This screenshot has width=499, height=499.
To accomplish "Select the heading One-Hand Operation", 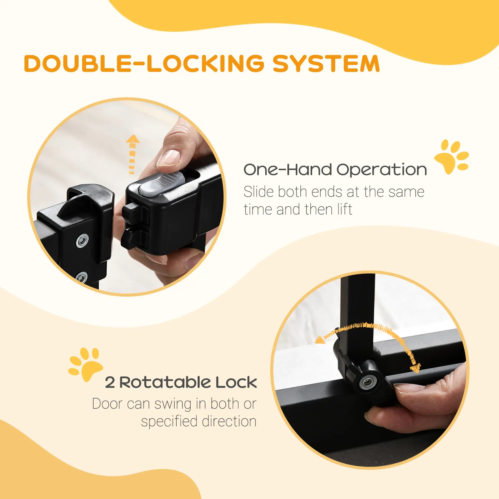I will pyautogui.click(x=335, y=170).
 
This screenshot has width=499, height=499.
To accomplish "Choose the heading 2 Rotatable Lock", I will pyautogui.click(x=181, y=382).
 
